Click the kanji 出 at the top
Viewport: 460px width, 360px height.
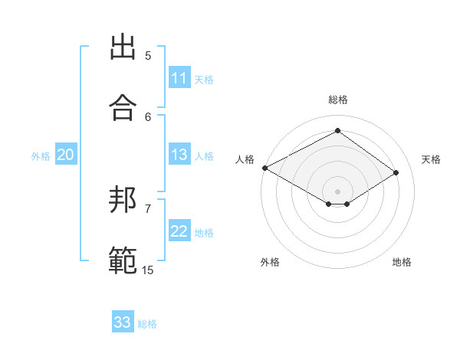click(x=122, y=47)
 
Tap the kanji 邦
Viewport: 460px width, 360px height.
click(x=122, y=201)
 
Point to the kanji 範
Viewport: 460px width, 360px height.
click(x=122, y=260)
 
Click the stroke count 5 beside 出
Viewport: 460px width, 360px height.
click(x=148, y=56)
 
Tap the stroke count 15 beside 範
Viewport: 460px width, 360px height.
click(x=147, y=270)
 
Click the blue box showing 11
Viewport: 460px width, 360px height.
click(x=179, y=78)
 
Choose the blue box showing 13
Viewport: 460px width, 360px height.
click(x=179, y=155)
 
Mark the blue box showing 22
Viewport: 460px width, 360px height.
click(x=179, y=232)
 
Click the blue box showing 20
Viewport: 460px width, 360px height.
click(x=65, y=155)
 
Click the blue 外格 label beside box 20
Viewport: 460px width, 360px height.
click(x=41, y=156)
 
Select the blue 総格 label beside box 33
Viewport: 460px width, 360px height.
click(x=147, y=324)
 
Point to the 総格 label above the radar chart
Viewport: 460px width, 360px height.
click(x=338, y=100)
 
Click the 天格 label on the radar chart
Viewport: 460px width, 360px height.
click(x=431, y=159)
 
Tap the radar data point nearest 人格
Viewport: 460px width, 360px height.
click(x=264, y=168)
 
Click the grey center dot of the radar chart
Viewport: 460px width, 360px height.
click(x=338, y=191)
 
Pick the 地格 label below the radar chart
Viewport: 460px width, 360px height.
click(x=402, y=262)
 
